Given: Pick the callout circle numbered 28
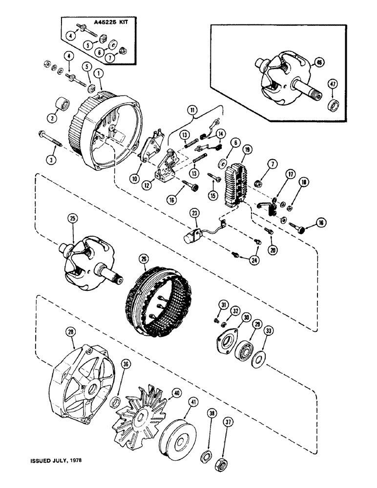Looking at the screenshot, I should pos(72,332).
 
